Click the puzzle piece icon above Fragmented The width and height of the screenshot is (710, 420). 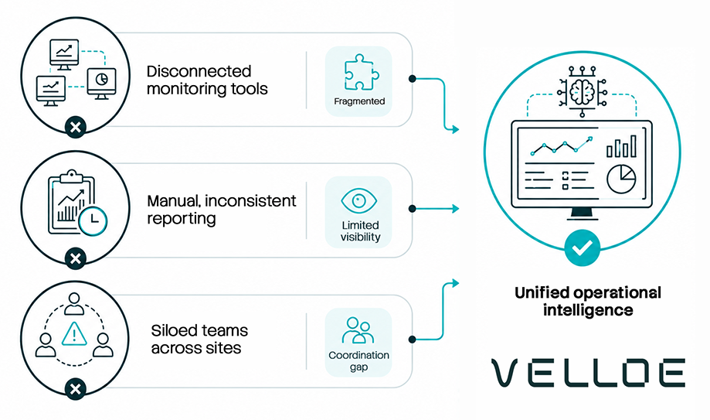[360, 72]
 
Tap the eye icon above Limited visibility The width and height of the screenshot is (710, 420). [358, 200]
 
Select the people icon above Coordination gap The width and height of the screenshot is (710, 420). [358, 330]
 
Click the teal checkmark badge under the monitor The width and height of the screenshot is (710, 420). [583, 248]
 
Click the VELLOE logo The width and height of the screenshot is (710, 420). [588, 373]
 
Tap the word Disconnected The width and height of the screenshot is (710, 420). [199, 71]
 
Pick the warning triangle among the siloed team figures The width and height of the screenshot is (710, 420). [74, 334]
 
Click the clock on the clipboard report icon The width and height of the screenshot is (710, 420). [93, 221]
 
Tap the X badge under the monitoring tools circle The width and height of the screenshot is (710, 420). [76, 127]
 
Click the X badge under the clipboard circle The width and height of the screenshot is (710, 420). [76, 258]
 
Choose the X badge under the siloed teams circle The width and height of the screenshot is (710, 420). [76, 389]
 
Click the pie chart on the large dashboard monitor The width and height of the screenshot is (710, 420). [621, 179]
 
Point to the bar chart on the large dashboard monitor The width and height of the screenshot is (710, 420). [622, 146]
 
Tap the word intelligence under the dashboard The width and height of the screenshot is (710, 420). [588, 311]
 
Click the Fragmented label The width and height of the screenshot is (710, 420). [359, 101]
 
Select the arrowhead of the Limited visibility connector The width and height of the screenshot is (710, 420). [456, 209]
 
